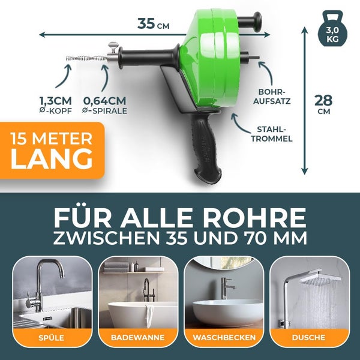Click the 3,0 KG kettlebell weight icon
[x=332, y=29]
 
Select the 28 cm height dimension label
[x=323, y=104]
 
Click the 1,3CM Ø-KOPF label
[x=55, y=105]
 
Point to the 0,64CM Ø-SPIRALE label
[x=104, y=105]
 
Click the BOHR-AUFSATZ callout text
[x=272, y=97]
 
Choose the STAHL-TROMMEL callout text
[x=272, y=134]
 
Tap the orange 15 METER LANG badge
[x=52, y=151]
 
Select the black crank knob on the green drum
[x=250, y=22]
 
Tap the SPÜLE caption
[x=52, y=338]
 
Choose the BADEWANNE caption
[x=138, y=337]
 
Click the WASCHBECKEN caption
[x=224, y=337]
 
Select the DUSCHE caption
[x=308, y=337]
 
